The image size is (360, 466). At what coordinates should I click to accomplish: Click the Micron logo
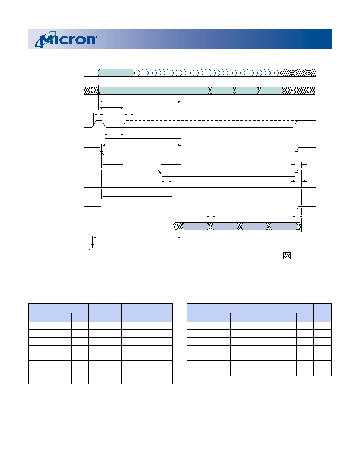(x=66, y=39)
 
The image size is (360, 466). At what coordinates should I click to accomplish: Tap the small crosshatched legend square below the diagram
(x=287, y=256)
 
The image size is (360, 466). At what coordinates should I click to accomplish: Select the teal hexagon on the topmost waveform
(x=116, y=73)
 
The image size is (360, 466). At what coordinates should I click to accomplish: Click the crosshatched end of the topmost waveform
(x=298, y=73)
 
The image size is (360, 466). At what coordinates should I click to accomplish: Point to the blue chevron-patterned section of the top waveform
(x=208, y=73)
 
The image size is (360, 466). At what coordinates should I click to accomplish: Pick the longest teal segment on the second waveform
(x=154, y=91)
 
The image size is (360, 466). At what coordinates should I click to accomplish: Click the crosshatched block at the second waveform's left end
(x=91, y=91)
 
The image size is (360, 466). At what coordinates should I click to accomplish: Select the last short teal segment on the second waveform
(x=271, y=91)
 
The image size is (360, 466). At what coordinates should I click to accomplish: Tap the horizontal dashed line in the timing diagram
(x=210, y=121)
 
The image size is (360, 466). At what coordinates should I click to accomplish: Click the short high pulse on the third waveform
(x=98, y=121)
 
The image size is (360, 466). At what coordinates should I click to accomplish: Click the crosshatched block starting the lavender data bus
(x=178, y=226)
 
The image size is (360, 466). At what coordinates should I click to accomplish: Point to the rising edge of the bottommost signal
(x=92, y=246)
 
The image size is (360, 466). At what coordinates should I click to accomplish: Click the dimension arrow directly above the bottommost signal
(x=137, y=238)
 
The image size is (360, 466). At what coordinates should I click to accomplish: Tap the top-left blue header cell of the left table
(x=42, y=313)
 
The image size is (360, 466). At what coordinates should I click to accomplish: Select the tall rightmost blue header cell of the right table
(x=322, y=313)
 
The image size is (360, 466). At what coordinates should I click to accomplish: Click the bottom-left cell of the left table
(x=42, y=380)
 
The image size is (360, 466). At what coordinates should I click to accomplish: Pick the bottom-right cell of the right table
(x=322, y=372)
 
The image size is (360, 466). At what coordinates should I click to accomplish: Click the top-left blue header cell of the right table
(x=200, y=313)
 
